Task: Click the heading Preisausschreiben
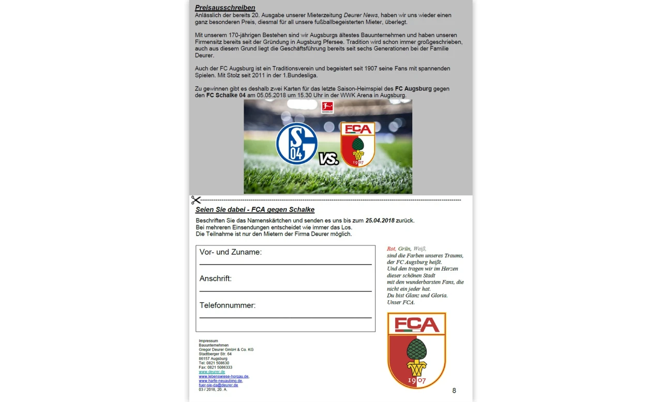coord(225,8)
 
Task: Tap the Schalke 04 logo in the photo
coord(297,143)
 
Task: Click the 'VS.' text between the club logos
coord(328,159)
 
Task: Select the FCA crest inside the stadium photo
coord(357,144)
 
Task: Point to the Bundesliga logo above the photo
coord(327,107)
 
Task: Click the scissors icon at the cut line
coord(195,200)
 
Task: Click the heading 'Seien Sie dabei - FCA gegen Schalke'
coord(255,210)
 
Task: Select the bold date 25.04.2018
coord(380,221)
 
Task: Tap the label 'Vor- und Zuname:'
coord(231,252)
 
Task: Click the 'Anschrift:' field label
coord(216,279)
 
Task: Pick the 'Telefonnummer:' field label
coord(228,305)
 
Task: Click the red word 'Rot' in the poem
coord(391,249)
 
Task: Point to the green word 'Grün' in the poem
coord(404,249)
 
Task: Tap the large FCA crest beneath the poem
coord(416,350)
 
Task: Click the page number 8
coord(454,391)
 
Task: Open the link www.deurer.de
coord(212,372)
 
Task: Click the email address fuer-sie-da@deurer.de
coord(218,385)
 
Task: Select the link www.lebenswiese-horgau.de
coord(224,376)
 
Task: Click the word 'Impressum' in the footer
coord(208,341)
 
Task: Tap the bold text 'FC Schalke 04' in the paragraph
coord(225,95)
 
